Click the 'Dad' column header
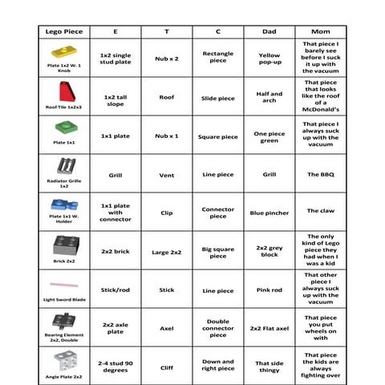coord(269,31)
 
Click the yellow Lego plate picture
coord(63,52)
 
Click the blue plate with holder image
coord(63,206)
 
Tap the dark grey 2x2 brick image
coord(63,245)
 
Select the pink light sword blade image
coord(63,284)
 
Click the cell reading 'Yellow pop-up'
coord(269,59)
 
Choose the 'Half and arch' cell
coord(269,97)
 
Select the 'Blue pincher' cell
coord(269,213)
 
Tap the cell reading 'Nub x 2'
coord(167,59)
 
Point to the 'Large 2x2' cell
coord(167,252)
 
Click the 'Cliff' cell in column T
coord(167,367)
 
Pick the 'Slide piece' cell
coord(217,98)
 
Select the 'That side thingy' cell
coord(269,367)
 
